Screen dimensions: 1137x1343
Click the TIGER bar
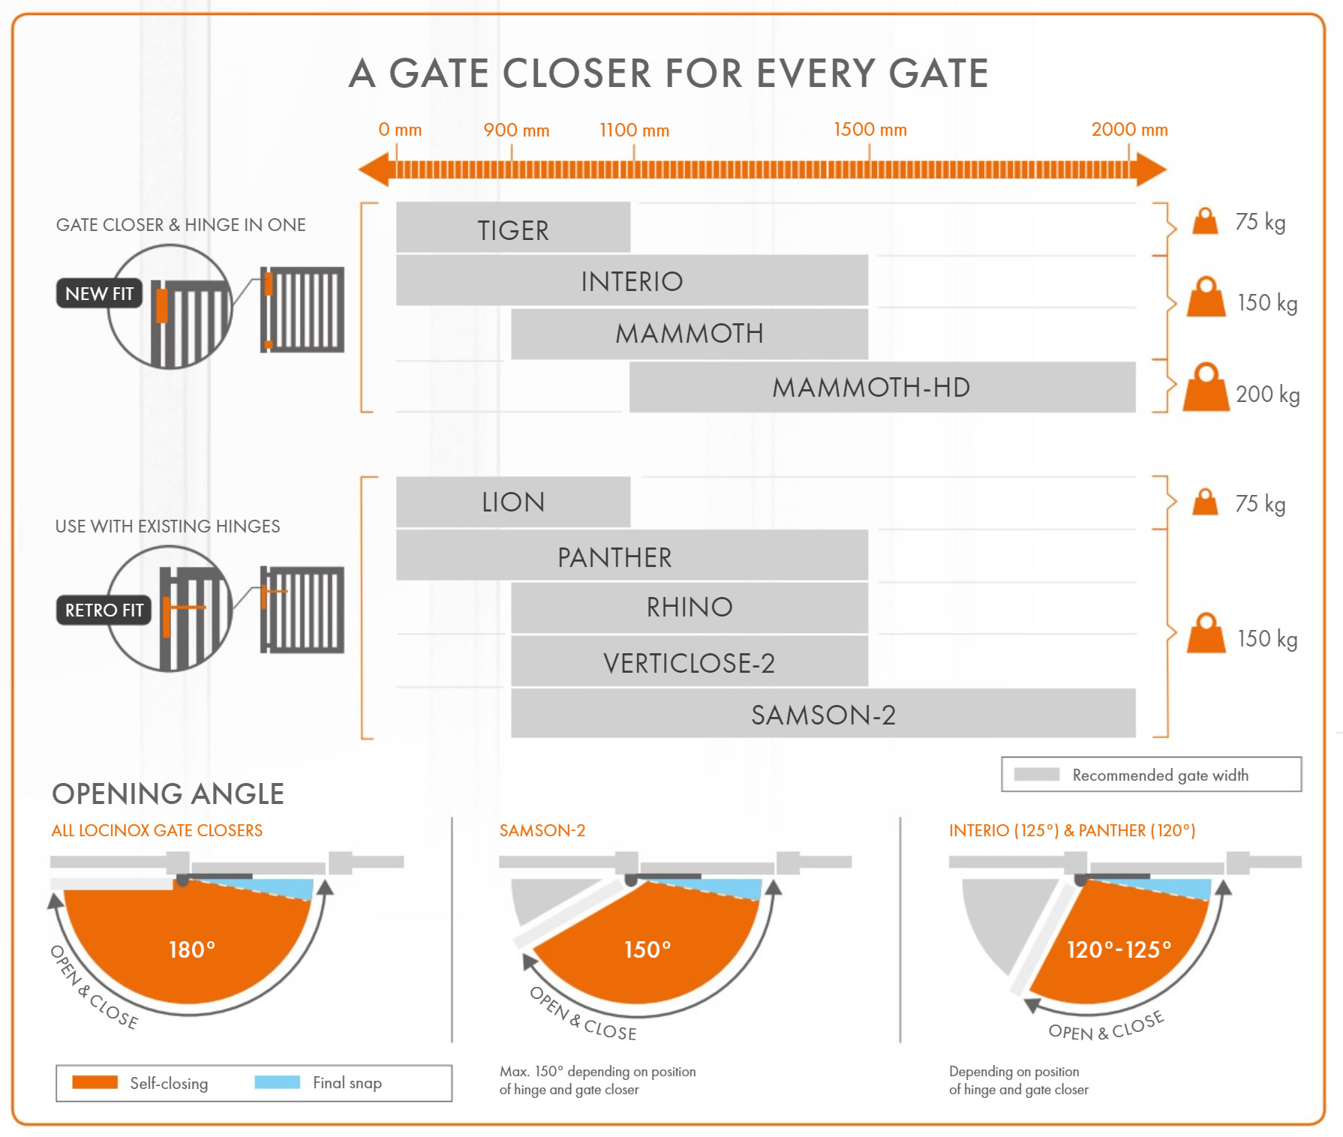click(513, 228)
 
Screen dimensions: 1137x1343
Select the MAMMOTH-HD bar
click(882, 387)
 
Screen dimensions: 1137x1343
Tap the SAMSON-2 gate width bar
click(823, 714)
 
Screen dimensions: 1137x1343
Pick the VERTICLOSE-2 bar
click(689, 661)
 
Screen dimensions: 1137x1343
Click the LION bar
click(513, 502)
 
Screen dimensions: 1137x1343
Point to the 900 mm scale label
click(516, 130)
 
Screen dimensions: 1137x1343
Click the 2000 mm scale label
click(1129, 130)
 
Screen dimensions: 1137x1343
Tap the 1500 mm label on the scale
click(870, 130)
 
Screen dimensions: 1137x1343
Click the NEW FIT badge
click(99, 293)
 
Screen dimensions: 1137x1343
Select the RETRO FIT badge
click(104, 610)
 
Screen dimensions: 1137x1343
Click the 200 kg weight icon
click(1206, 388)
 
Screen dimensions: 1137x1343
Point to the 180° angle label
click(192, 949)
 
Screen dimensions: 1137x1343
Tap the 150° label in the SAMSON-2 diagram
click(647, 949)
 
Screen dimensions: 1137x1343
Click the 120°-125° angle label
click(1119, 949)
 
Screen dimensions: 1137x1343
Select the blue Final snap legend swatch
click(277, 1082)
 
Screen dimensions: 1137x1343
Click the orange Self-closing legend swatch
click(95, 1082)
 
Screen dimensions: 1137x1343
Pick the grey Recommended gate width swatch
click(1036, 774)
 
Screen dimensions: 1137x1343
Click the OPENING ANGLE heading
click(168, 793)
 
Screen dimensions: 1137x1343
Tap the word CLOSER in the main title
click(577, 73)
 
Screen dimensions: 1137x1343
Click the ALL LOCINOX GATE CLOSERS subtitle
click(157, 830)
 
